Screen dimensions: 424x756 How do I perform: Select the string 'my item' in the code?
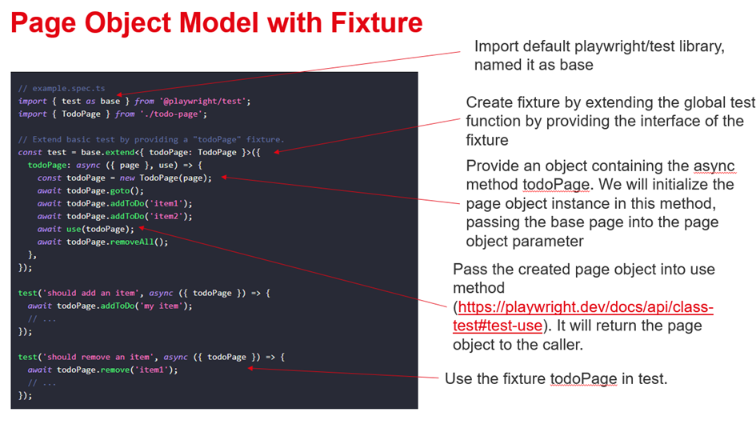click(x=169, y=306)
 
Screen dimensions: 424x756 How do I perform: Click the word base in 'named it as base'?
click(x=577, y=65)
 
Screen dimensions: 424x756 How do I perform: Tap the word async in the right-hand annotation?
click(x=714, y=166)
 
